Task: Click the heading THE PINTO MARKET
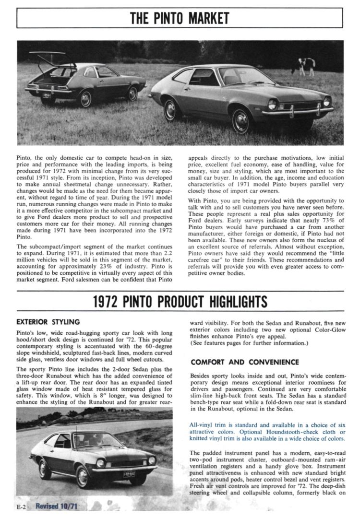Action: pos(180,19)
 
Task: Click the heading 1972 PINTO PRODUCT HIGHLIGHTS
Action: pos(180,302)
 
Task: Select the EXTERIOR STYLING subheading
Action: pos(48,321)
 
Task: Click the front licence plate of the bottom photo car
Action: pos(129,475)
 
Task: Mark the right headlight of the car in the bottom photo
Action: pos(152,460)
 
